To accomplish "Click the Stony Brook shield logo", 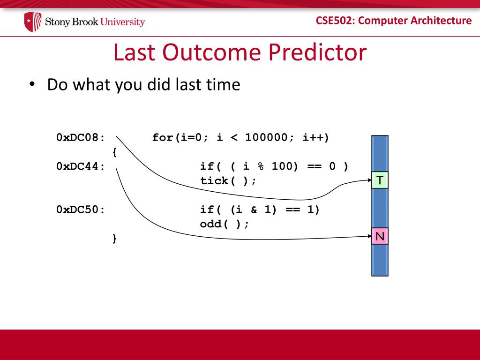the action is pos(33,22).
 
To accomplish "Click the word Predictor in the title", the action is pos(317,52).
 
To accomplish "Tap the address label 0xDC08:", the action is pos(81,137).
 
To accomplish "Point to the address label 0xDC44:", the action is pos(81,166).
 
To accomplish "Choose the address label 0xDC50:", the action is pos(81,210).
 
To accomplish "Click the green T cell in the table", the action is pos(380,180).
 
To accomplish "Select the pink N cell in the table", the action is pos(380,236).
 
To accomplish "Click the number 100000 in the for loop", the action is pos(267,137).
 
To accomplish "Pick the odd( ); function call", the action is pos(225,224).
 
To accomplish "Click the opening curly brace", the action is pos(114,152).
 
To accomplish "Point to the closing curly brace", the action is pos(114,238).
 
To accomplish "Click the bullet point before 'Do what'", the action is pos(32,84).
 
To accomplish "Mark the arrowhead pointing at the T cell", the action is pos(370,180).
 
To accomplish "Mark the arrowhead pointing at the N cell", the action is pos(370,236).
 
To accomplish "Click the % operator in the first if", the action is pos(261,166).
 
